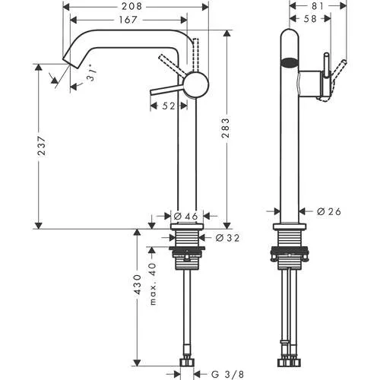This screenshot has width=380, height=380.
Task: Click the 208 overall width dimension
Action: point(135,7)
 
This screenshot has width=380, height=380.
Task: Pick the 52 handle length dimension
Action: point(168,106)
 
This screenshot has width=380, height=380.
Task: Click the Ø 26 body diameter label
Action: point(328,211)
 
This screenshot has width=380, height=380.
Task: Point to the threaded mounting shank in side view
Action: point(289,247)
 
